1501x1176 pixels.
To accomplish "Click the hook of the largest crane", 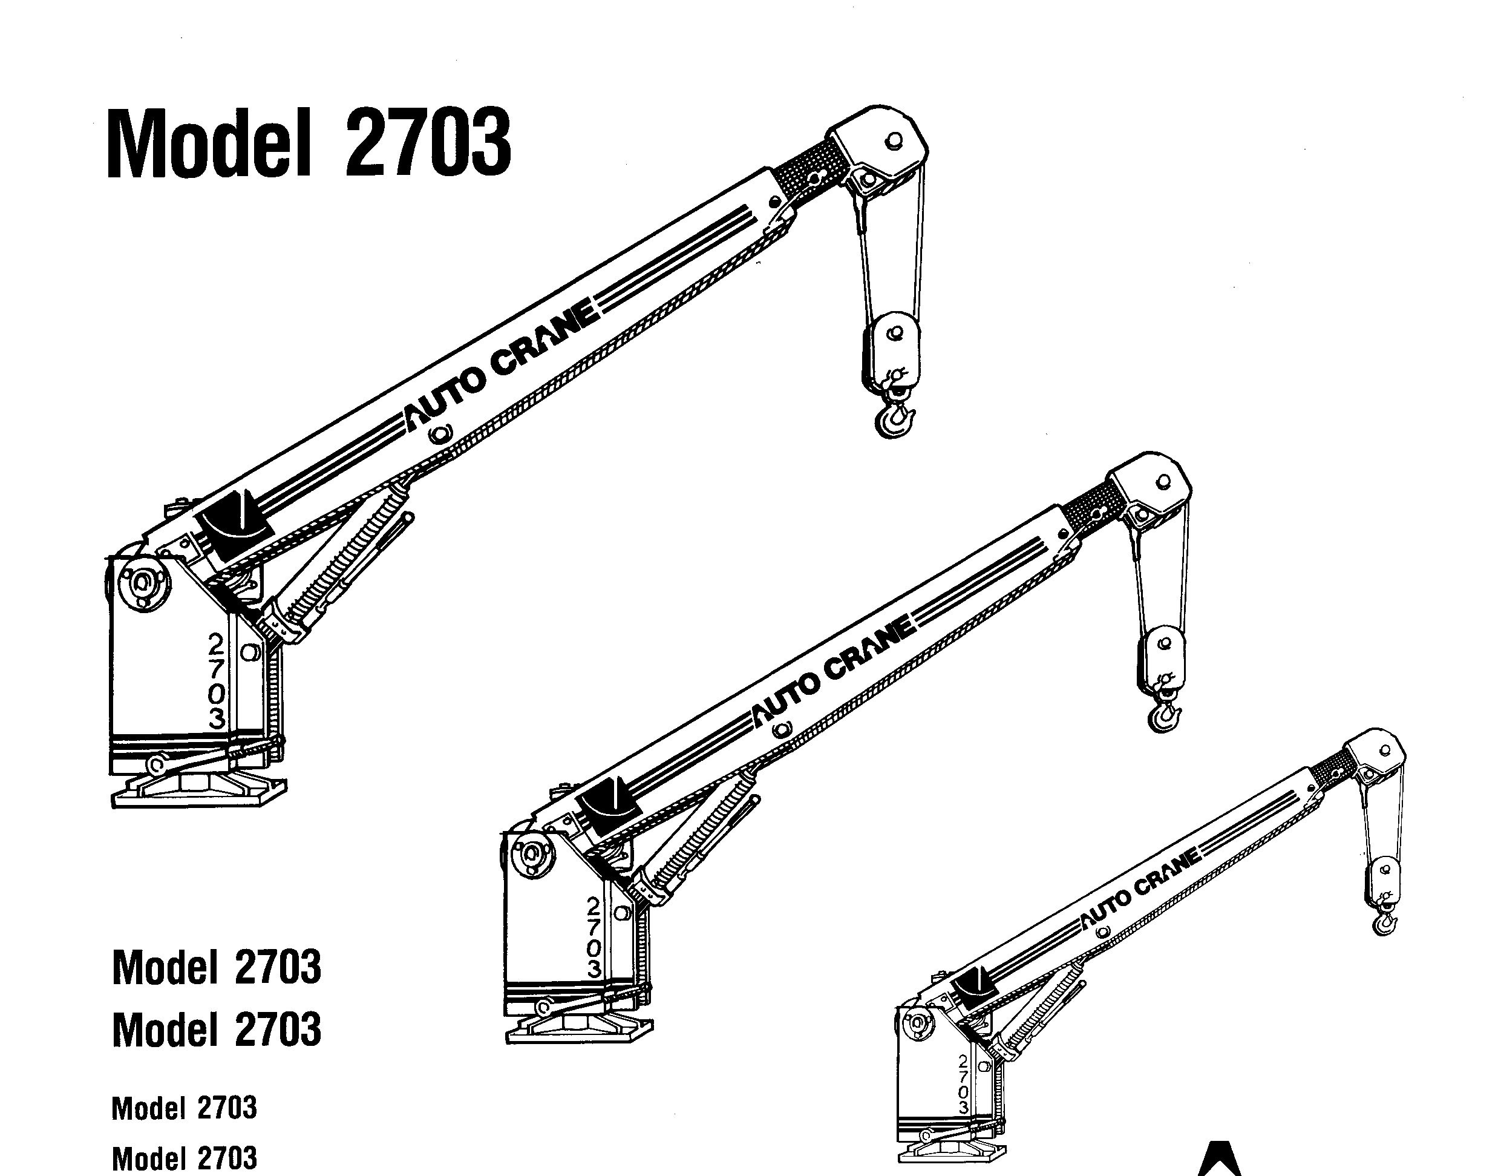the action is point(895,416).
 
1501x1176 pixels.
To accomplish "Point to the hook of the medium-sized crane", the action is point(1165,715).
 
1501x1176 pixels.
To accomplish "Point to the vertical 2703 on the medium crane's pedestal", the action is point(594,936).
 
